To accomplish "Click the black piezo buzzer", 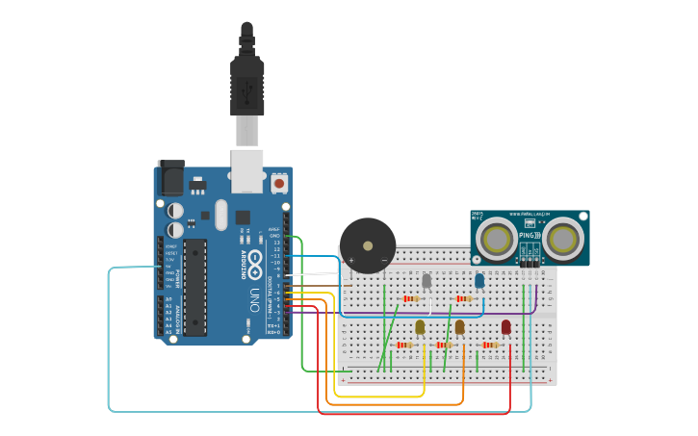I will pos(368,245).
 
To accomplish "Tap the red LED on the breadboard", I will pos(506,327).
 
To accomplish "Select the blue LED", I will pos(479,280).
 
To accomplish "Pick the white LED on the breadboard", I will pos(427,280).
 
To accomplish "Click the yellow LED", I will pos(420,327).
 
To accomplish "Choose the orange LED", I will pos(460,327).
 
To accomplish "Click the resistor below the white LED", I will pos(412,298).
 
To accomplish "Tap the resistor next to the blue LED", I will pos(464,298).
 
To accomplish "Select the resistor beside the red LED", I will pos(491,345).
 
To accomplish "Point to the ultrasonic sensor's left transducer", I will pos(497,238).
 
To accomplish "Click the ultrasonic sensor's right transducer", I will pos(562,238).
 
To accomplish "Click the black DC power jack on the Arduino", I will pos(170,178).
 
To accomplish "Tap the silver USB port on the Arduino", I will pos(246,166).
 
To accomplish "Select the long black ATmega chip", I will pos(194,287).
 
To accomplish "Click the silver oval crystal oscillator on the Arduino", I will pos(221,215).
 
